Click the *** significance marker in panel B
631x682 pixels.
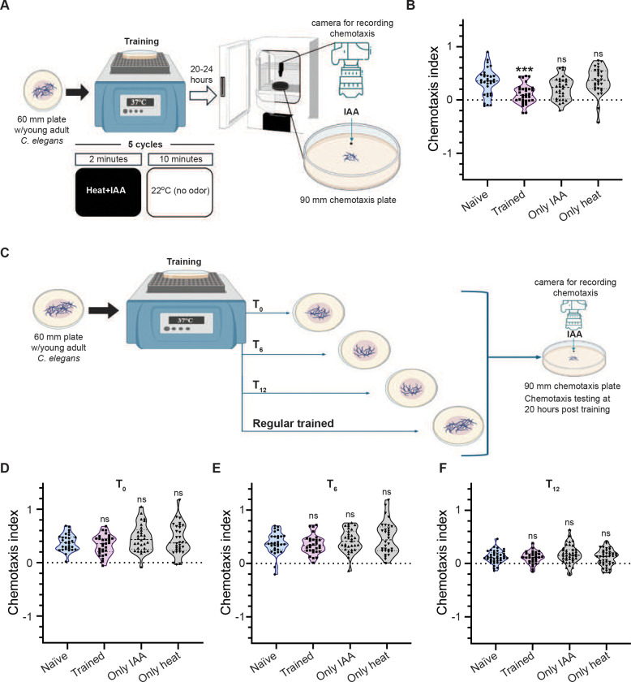(524, 70)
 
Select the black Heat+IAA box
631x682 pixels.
(108, 192)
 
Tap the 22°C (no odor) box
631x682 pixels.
(180, 192)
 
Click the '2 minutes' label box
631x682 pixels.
(108, 159)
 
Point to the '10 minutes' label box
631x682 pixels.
(181, 159)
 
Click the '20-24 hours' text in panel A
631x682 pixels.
(201, 75)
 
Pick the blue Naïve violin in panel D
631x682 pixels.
(67, 544)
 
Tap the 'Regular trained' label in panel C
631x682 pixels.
(294, 423)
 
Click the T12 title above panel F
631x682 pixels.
(552, 486)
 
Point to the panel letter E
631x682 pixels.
(217, 468)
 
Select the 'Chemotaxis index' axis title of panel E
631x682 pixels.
(225, 563)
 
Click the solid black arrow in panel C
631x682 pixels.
(104, 310)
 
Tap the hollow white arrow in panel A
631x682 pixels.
(203, 95)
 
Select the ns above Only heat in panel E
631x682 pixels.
(386, 492)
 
